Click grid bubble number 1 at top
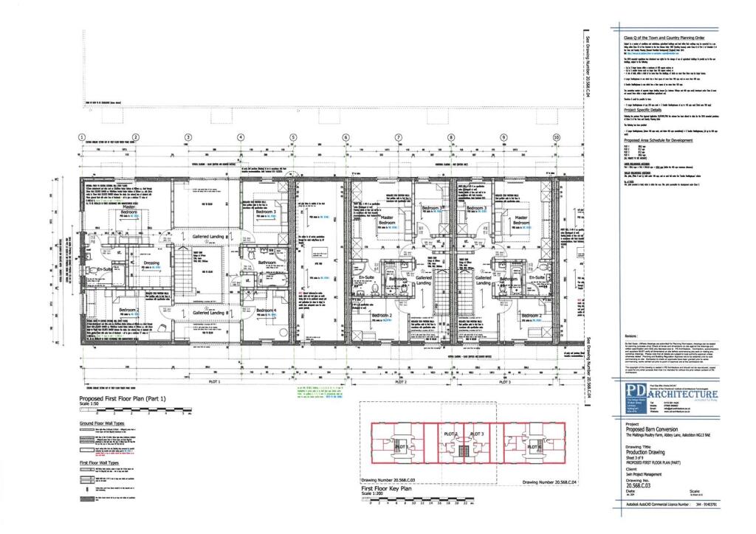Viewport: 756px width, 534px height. tap(82, 137)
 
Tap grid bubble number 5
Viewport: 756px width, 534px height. tap(293, 137)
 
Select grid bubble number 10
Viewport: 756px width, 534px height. tap(557, 137)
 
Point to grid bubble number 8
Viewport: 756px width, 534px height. tap(451, 137)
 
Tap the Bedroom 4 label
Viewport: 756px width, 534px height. tap(266, 311)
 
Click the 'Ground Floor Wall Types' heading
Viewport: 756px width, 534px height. tap(111, 423)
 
